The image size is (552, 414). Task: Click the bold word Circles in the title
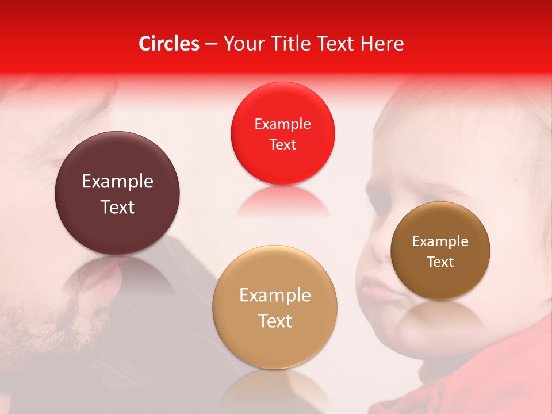169,44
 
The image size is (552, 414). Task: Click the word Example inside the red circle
282,124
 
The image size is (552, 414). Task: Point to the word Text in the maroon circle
117,207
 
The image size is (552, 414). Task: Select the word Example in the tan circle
275,295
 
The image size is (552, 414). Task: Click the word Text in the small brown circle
440,262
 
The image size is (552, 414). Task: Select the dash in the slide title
211,44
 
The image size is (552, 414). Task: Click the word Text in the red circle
282,145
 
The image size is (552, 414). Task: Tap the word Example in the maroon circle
117,182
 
